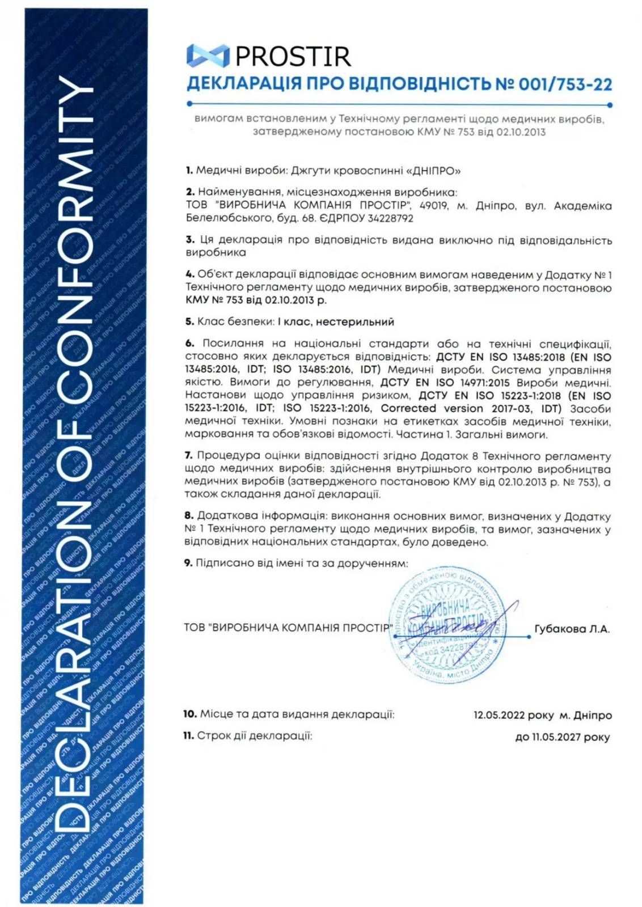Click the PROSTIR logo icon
click(x=208, y=56)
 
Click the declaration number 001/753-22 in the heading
click(x=565, y=84)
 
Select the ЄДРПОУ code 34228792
click(x=390, y=218)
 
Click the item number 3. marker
click(x=190, y=240)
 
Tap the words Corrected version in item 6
click(x=431, y=409)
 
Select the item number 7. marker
click(x=189, y=455)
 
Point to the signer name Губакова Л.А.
click(x=572, y=629)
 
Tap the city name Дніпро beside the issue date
click(x=593, y=715)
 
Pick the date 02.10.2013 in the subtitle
click(x=521, y=132)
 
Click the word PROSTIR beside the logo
click(x=293, y=56)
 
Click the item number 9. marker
click(x=189, y=563)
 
